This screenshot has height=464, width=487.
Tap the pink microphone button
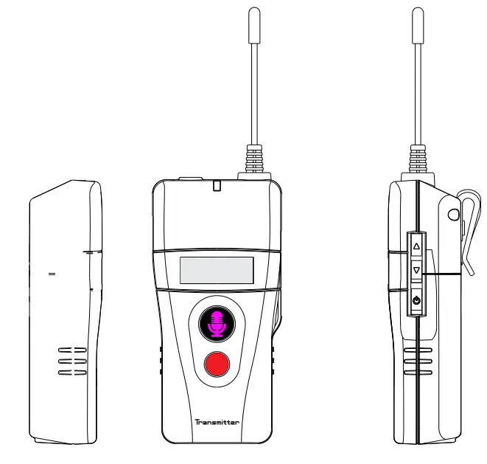[x=217, y=323]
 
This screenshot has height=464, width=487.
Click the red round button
[x=217, y=364]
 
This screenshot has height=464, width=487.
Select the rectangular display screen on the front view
[x=217, y=270]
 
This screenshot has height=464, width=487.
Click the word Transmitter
[x=217, y=423]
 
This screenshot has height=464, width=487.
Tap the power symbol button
[x=416, y=301]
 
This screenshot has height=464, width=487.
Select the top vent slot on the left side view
[x=71, y=349]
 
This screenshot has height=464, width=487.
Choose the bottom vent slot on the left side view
[x=71, y=373]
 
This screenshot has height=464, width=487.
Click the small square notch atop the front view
[x=217, y=187]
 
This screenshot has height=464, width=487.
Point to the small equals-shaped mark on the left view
[x=52, y=274]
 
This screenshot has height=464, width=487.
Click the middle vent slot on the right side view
[x=417, y=361]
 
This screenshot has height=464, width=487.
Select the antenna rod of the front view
[x=254, y=89]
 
